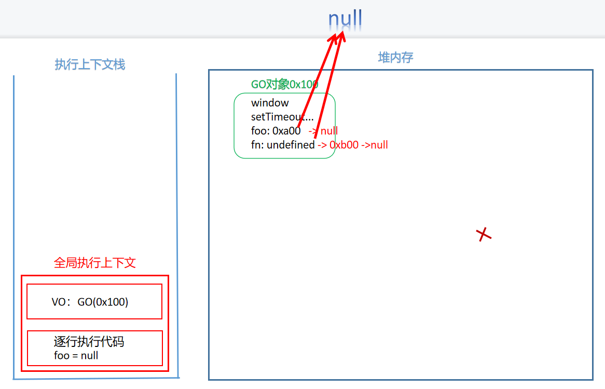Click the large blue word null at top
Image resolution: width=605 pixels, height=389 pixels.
click(x=345, y=20)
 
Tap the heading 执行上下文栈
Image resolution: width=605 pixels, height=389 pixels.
click(x=90, y=64)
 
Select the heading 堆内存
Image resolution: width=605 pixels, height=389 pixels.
click(x=395, y=57)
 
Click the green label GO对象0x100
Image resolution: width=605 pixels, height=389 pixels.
click(x=284, y=84)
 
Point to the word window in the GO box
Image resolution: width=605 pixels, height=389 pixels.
click(x=270, y=103)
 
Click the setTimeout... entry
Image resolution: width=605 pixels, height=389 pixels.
click(x=282, y=117)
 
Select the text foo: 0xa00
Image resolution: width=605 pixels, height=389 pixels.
click(x=276, y=131)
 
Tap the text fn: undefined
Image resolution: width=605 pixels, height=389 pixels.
click(x=283, y=145)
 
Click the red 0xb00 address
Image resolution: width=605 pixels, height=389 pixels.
click(x=344, y=145)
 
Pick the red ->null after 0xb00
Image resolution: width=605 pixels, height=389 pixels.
click(x=374, y=145)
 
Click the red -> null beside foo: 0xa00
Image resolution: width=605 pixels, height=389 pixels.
click(x=323, y=131)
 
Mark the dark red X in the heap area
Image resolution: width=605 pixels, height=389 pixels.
click(x=484, y=235)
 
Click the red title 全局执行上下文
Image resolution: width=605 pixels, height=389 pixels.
click(x=95, y=263)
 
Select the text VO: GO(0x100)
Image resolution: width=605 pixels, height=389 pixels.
click(x=90, y=302)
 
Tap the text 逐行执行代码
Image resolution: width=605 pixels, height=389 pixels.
click(x=89, y=342)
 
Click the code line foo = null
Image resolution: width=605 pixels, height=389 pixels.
click(x=76, y=356)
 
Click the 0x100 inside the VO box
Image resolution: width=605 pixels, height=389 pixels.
click(x=113, y=302)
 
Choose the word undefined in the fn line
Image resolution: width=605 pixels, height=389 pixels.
click(x=291, y=145)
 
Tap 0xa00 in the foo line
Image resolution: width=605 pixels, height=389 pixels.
click(x=286, y=131)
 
